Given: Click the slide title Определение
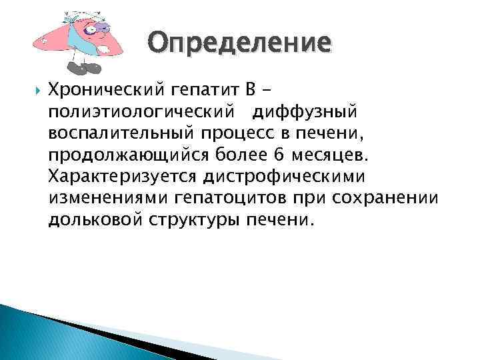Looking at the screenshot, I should click(x=239, y=43).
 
